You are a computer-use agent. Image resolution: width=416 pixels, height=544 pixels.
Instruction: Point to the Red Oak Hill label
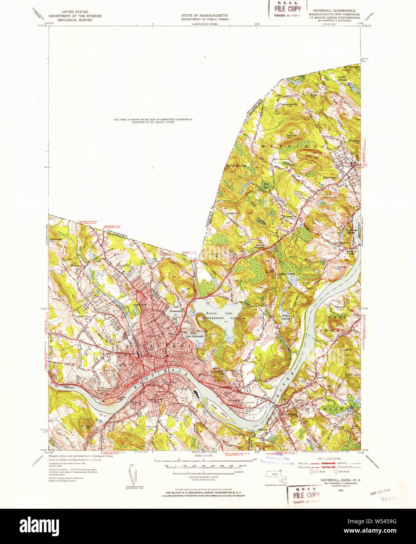290,137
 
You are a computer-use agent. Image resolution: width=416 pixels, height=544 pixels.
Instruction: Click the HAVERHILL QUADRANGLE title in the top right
334,12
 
